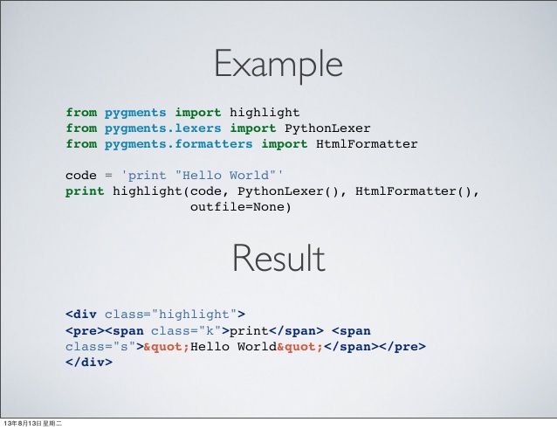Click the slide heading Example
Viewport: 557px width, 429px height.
coord(278,64)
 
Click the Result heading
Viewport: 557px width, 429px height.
coord(278,258)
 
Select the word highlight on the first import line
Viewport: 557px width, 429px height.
coord(265,113)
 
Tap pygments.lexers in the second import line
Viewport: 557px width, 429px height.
coord(162,128)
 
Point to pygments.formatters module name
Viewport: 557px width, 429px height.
coord(178,144)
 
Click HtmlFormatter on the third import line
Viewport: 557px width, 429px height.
coord(367,144)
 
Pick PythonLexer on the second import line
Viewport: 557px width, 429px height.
coord(327,128)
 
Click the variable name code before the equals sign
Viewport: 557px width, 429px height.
coord(81,176)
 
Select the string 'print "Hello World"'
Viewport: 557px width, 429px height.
coord(203,176)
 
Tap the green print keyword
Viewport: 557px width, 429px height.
coord(85,191)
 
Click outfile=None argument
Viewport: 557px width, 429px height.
coord(240,207)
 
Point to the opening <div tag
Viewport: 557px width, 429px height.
coord(81,315)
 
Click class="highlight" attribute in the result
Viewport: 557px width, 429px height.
coord(171,315)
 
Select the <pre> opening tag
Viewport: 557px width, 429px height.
coord(86,331)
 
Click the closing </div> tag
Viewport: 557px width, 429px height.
coord(89,363)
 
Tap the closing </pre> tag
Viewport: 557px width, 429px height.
coord(402,347)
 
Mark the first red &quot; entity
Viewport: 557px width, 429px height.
coord(167,347)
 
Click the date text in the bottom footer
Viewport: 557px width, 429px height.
coord(32,423)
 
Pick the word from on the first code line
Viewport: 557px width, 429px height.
coord(81,113)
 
